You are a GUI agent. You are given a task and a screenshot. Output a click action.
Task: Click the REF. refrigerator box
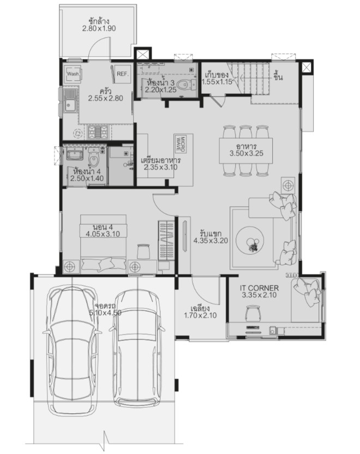click(123, 74)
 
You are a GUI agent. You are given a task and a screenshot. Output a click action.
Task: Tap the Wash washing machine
click(73, 74)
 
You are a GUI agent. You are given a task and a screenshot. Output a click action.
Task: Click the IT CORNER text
click(259, 288)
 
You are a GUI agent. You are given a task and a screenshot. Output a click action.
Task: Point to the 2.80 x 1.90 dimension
click(99, 28)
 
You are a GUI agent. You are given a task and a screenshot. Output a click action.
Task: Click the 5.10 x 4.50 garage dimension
click(105, 313)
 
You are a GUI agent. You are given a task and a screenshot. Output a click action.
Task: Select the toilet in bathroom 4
click(93, 158)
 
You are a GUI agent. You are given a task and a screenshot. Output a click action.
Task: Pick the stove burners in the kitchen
click(98, 132)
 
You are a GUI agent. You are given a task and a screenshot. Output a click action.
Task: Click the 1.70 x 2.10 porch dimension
click(200, 315)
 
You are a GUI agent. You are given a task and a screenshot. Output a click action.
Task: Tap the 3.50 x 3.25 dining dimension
click(246, 153)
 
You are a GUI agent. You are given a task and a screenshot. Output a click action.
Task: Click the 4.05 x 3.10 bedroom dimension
click(103, 234)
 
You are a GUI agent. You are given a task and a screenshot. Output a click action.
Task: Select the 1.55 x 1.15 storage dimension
click(217, 82)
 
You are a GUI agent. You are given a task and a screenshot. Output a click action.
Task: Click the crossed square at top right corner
click(306, 68)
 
